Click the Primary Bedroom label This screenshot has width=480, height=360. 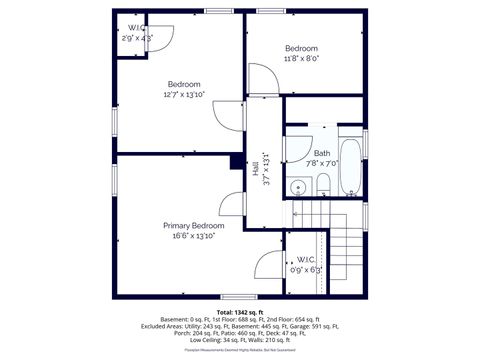point(193,226)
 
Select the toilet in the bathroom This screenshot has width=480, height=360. point(324,183)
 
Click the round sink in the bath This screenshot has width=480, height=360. point(298,187)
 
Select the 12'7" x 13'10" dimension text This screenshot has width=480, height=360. point(183,95)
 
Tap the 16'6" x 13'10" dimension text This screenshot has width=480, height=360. point(193,237)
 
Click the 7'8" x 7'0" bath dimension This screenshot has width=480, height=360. point(322,163)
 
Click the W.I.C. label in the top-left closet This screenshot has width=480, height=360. point(134,27)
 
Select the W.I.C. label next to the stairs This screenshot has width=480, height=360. point(306,259)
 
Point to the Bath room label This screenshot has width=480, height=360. point(322,153)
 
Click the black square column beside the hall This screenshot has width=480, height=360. point(237,161)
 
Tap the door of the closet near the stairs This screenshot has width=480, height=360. point(270,266)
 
